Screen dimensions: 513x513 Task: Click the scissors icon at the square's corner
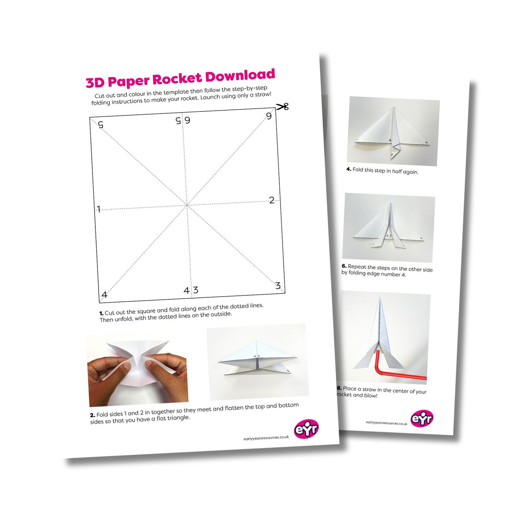click(282, 107)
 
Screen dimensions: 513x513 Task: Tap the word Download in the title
click(240, 75)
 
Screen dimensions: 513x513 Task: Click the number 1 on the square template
click(99, 209)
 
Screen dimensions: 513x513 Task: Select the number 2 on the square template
click(272, 200)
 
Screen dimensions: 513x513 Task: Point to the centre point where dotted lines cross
click(187, 205)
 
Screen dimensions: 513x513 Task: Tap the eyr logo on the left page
click(306, 428)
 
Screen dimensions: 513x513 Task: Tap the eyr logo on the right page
click(422, 418)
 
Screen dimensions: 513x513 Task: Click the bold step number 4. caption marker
click(349, 169)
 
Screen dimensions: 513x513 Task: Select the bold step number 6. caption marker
click(344, 266)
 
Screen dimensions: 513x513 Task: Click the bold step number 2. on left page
click(92, 415)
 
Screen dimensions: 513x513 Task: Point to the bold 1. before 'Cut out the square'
click(101, 313)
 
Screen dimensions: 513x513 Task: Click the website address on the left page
click(266, 438)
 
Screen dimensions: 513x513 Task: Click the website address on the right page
click(386, 423)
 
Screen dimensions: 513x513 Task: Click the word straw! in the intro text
click(263, 95)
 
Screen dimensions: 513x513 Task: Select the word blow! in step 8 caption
click(371, 396)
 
